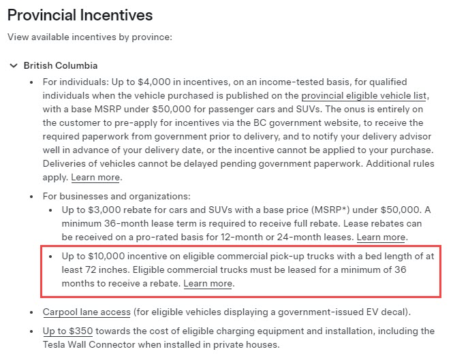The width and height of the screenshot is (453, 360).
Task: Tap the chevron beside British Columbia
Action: click(13, 65)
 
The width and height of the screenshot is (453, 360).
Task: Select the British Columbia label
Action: click(61, 65)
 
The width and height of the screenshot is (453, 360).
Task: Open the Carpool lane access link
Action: click(86, 312)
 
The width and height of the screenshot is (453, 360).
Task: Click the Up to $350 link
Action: click(67, 331)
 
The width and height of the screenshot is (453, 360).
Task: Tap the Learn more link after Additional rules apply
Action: click(96, 178)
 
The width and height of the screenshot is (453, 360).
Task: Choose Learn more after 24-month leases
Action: click(381, 237)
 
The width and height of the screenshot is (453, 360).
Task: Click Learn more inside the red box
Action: click(208, 283)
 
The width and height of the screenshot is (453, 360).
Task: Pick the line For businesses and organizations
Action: click(116, 196)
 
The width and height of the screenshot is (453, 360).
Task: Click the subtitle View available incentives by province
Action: click(89, 37)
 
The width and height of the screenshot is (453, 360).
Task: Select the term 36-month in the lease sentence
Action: click(129, 223)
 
